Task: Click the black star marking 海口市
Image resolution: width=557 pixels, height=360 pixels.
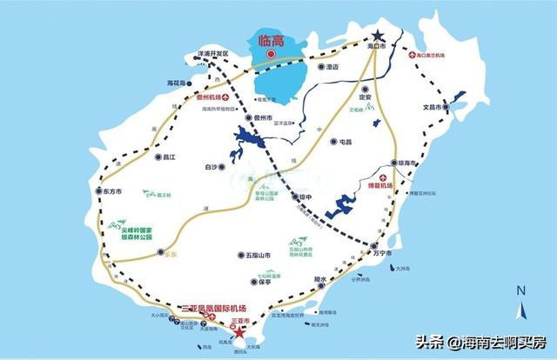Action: [x=377, y=38]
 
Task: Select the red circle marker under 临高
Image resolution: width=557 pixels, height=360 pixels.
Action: [x=272, y=55]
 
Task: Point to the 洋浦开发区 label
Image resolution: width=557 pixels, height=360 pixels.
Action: [x=212, y=53]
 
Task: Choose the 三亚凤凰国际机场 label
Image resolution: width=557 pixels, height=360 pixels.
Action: [x=215, y=309]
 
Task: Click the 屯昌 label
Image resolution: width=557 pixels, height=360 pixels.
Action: [x=346, y=141]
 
